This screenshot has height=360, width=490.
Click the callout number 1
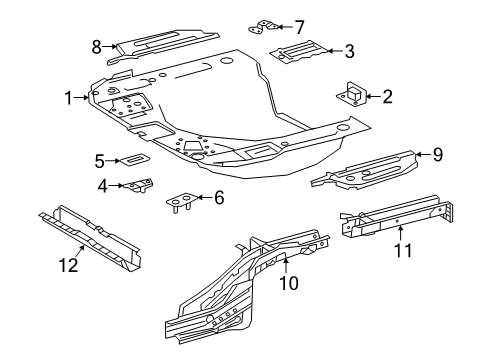click(68, 98)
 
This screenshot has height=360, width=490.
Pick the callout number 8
click(97, 46)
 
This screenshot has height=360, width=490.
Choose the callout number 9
click(437, 153)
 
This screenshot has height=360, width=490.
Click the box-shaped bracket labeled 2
click(353, 95)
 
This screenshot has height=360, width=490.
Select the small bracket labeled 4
click(137, 187)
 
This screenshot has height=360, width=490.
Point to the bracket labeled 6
click(179, 201)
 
